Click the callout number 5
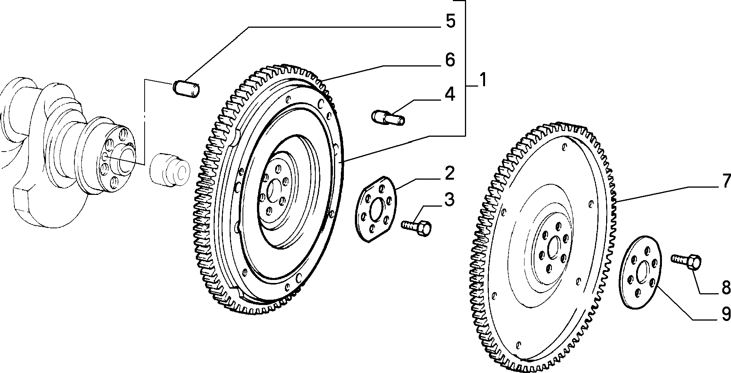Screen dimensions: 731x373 pos(450,21)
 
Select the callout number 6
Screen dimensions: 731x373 pos(450,60)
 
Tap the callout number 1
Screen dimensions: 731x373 pos(482,80)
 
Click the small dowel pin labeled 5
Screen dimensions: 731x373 pos(187,89)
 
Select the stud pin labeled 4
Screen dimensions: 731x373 pos(388,117)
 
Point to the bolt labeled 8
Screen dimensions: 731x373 pos(687,262)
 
